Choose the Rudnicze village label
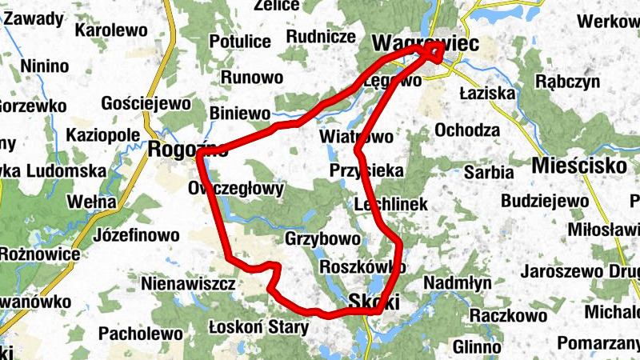pos(321,36)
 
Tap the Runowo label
pos(252,78)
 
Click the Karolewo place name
pos(112,31)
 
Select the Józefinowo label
pos(137,236)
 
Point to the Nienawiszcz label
pos(187,283)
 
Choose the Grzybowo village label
pos(322,238)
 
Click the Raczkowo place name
pos(507,315)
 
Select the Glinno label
pos(477,346)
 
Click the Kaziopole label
pos(104,134)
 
